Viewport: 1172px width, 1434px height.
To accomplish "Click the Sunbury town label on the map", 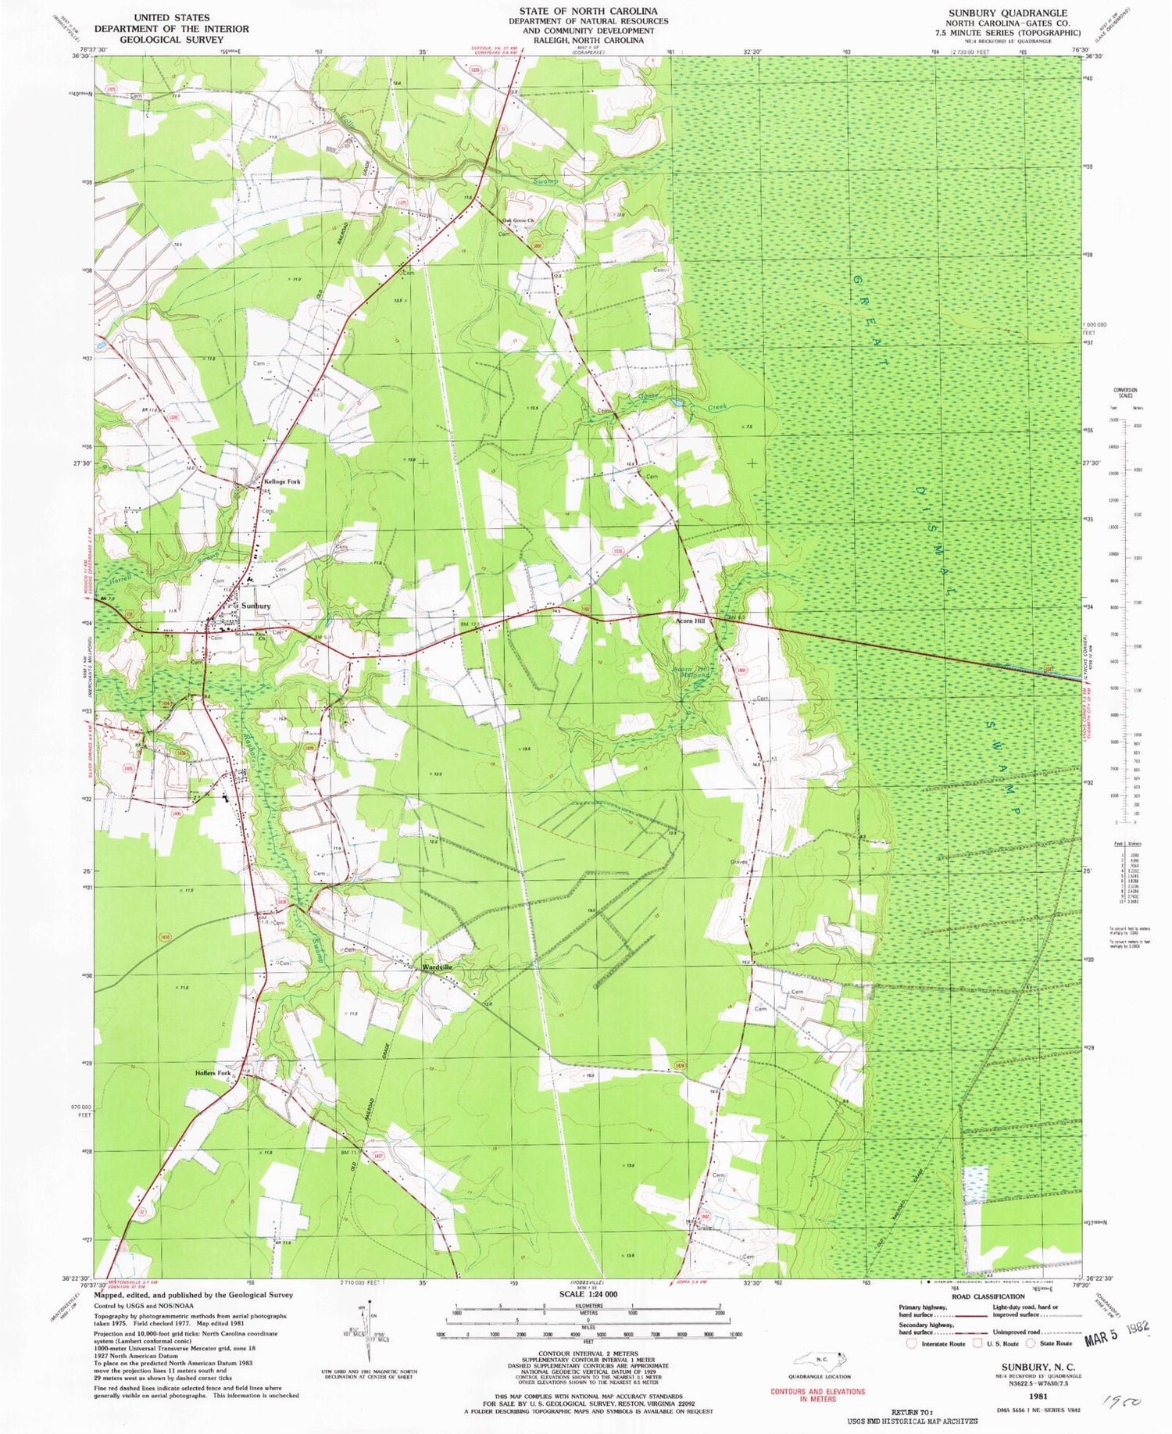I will tap(255, 606).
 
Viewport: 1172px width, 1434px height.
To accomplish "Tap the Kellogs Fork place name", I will tap(282, 481).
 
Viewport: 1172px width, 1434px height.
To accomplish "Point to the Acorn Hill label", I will tap(691, 620).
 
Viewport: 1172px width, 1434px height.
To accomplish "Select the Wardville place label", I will tap(438, 967).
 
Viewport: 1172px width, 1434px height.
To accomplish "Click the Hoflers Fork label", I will tap(213, 1073).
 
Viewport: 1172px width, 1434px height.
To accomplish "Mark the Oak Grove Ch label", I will tap(517, 220).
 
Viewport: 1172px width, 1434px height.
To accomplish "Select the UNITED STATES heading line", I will tap(171, 17).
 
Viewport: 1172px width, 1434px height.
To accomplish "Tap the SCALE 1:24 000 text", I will tap(585, 1294).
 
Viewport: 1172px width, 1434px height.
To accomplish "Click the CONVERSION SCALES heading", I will tap(1125, 391).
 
